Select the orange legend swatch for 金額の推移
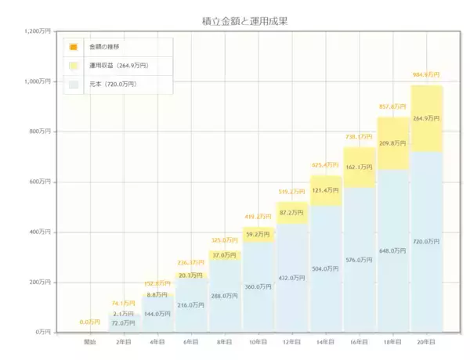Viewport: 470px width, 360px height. (x=73, y=47)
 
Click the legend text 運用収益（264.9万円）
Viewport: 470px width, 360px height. (x=118, y=66)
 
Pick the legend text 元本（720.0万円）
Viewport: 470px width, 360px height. (x=114, y=84)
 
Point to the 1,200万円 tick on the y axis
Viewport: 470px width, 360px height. (x=37, y=31)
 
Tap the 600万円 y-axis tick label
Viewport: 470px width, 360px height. (x=40, y=182)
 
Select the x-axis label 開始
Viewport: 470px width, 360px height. (x=90, y=342)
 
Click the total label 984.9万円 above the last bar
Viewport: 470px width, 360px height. (x=426, y=75)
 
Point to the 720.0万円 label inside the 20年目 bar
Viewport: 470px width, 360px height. (x=426, y=242)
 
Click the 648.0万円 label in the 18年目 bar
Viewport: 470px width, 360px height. (x=392, y=251)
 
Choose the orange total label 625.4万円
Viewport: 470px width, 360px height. (x=325, y=165)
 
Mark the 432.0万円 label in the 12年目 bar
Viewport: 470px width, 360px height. (x=291, y=278)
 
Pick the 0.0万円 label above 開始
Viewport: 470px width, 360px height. (x=90, y=322)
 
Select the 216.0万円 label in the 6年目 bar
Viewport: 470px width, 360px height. (x=190, y=304)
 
